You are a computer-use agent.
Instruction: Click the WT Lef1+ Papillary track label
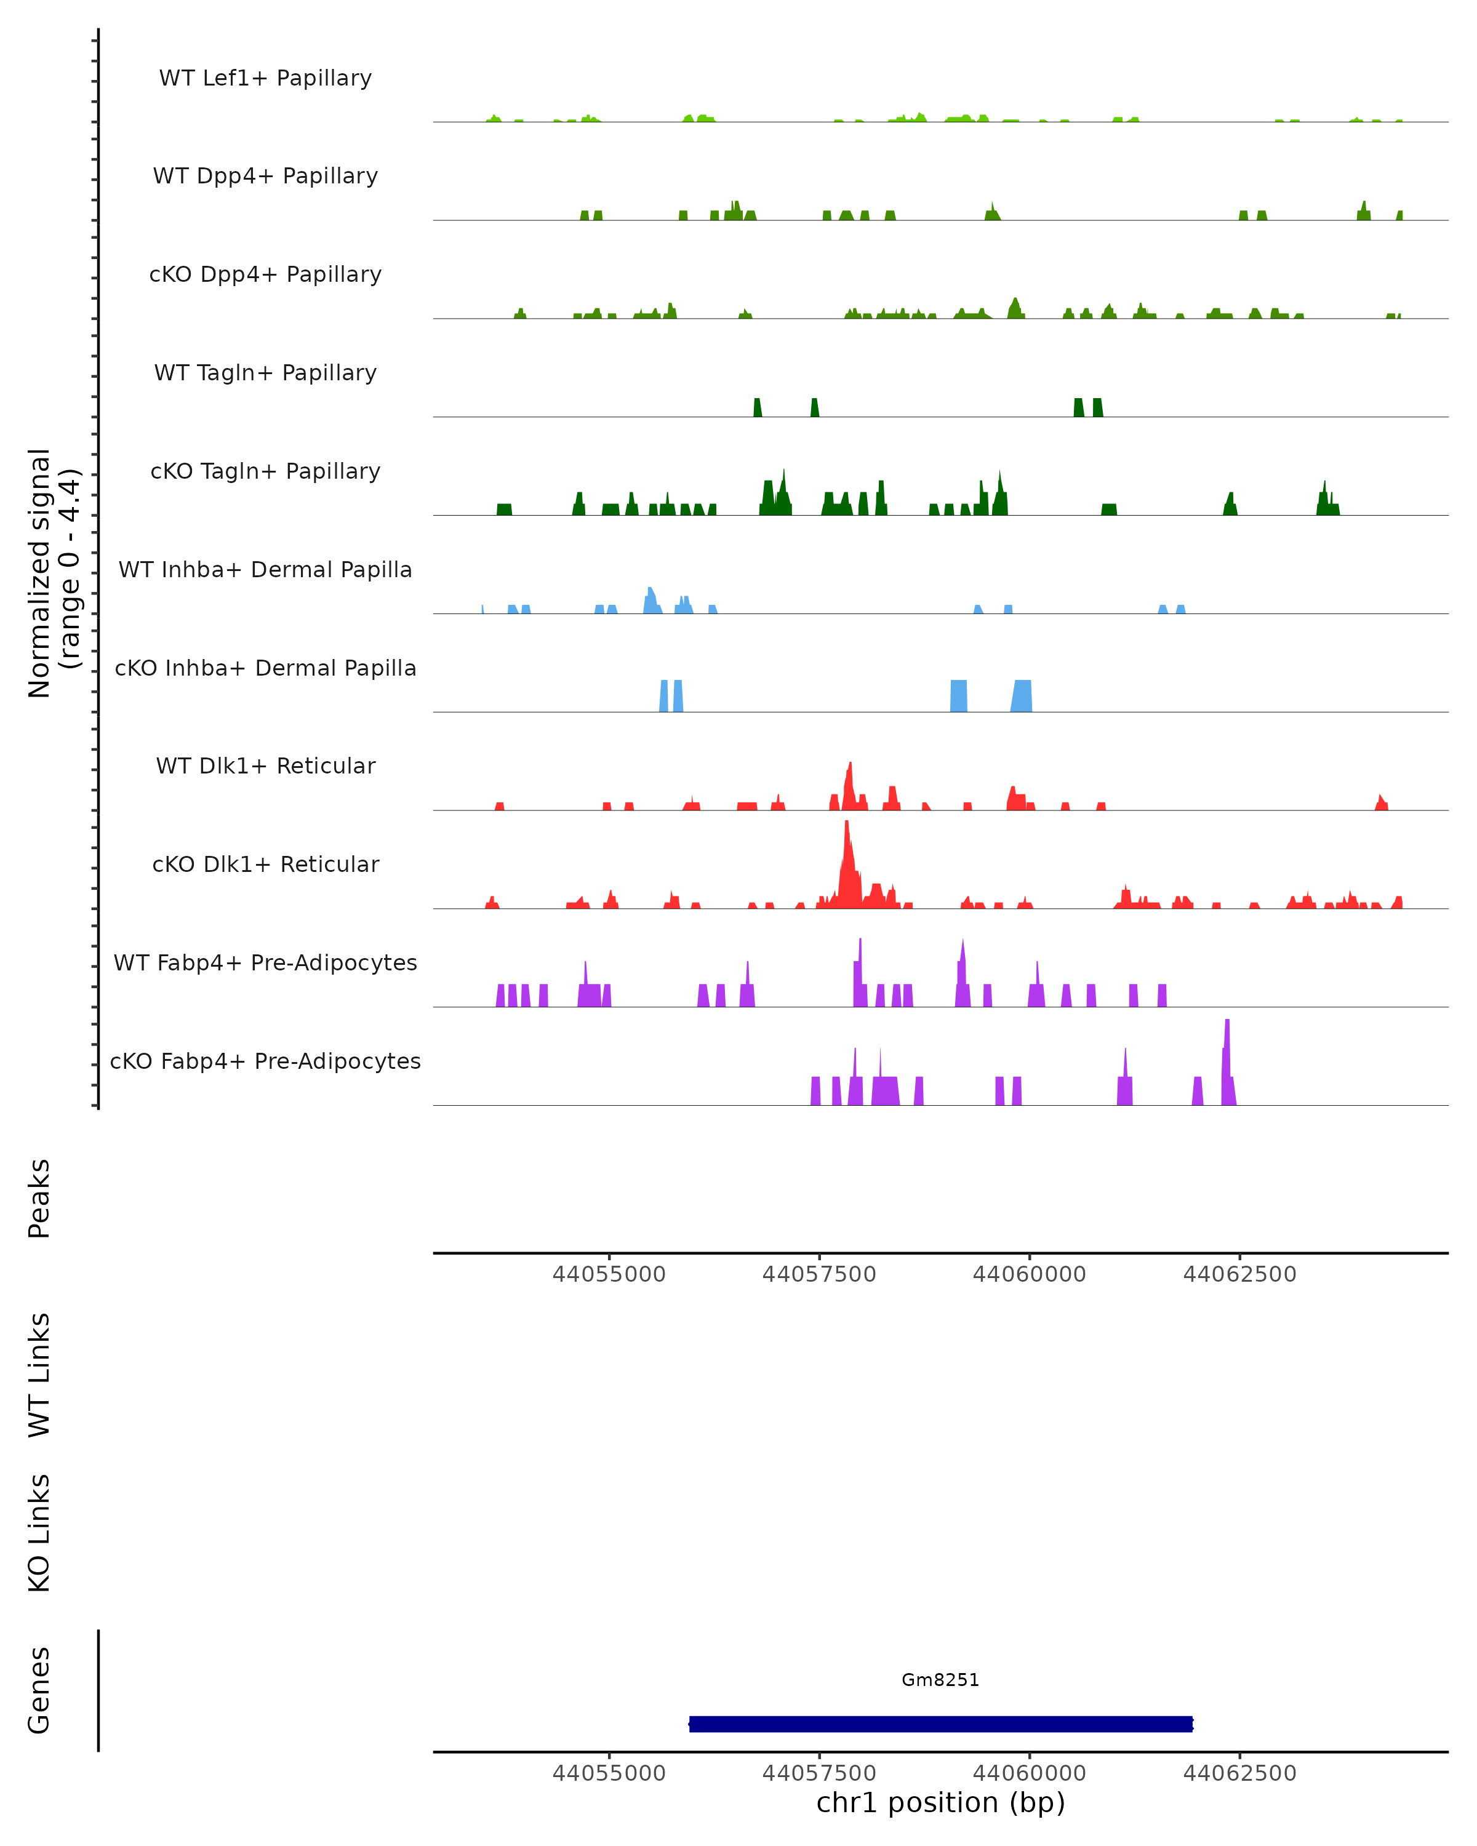pyautogui.click(x=265, y=78)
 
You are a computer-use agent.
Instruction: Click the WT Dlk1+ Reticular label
pyautogui.click(x=265, y=765)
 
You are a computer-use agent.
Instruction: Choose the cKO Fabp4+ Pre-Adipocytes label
pyautogui.click(x=265, y=1061)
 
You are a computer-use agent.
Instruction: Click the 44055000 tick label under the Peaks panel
pyautogui.click(x=609, y=1274)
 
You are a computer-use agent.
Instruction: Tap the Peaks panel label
pyautogui.click(x=39, y=1198)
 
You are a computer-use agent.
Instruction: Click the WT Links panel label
pyautogui.click(x=39, y=1374)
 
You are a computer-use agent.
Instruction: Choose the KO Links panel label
pyautogui.click(x=39, y=1533)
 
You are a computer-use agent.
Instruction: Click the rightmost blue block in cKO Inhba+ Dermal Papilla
pyautogui.click(x=1022, y=696)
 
